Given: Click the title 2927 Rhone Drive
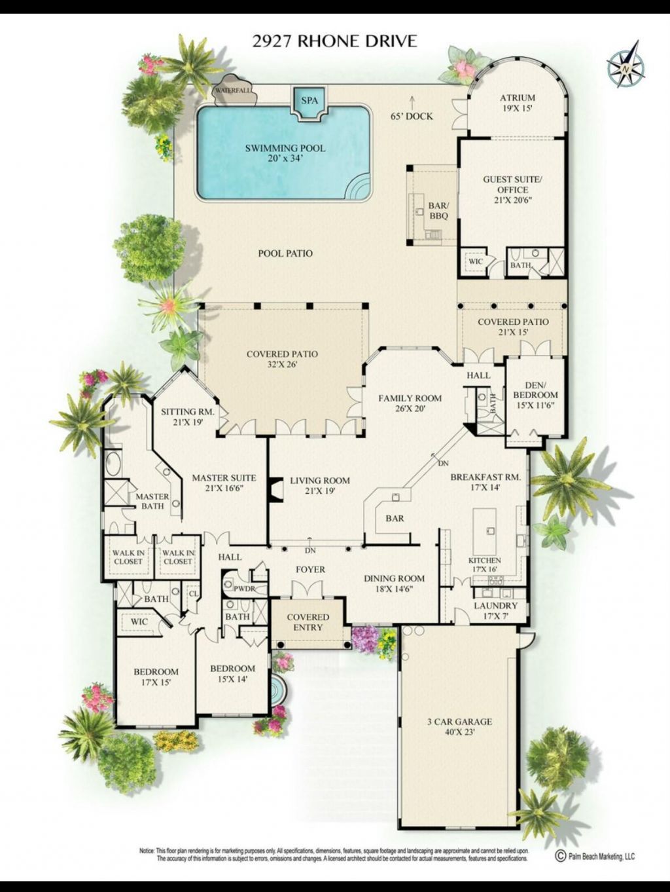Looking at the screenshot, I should tap(334, 41).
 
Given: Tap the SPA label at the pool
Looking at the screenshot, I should tap(309, 101).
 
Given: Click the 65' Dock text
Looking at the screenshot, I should tap(411, 117).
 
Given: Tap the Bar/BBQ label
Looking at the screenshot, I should tap(438, 210).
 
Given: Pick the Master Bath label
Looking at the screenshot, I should tap(152, 501).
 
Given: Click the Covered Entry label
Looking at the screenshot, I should tap(308, 622).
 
